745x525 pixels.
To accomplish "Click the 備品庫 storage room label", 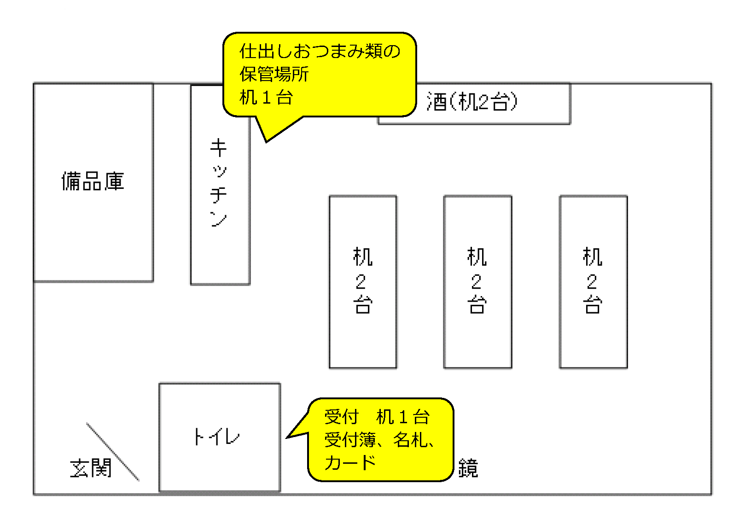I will [93, 181].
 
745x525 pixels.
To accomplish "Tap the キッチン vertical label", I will [219, 182].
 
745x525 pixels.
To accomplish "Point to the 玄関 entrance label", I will [91, 468].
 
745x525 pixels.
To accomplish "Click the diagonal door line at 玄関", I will [113, 452].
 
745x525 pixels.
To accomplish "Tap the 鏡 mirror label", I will [468, 468].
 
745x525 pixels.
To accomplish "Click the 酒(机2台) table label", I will [472, 102].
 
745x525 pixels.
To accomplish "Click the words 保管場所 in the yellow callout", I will [274, 74].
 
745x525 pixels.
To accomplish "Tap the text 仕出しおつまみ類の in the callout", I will [320, 51].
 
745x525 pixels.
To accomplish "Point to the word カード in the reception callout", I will [350, 463].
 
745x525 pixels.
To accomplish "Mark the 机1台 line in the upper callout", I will [266, 98].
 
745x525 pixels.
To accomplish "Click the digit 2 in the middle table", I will [477, 281].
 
